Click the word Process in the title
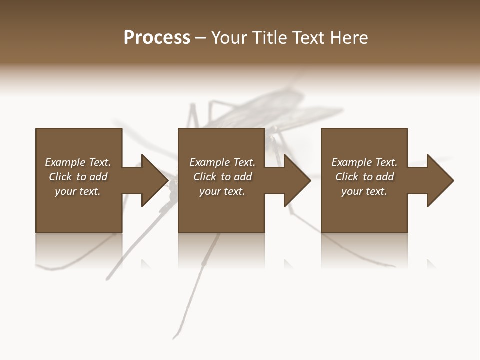coord(157,38)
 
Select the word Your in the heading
coord(229,38)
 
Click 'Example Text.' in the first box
coord(78,162)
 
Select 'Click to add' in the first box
coord(78,177)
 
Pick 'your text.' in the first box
coord(78,191)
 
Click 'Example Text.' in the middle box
coord(222,162)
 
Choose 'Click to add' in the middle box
coord(222,177)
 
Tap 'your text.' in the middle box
coord(222,191)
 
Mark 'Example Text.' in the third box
coord(364,162)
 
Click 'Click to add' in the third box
coord(364,177)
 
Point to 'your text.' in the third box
coord(364,191)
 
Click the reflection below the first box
coord(78,250)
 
